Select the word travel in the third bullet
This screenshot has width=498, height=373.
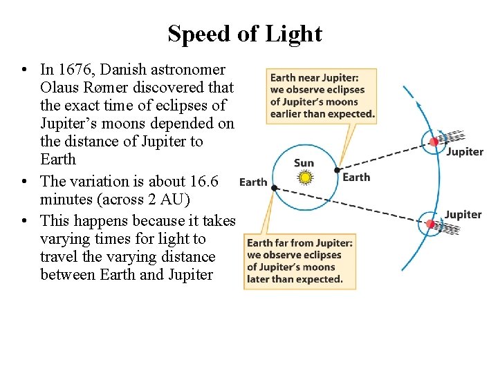coord(61,257)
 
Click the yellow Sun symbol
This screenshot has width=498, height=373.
coord(304,178)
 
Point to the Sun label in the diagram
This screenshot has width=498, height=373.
coord(304,163)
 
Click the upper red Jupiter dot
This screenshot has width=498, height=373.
coord(434,142)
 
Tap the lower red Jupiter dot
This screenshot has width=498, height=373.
coord(430,224)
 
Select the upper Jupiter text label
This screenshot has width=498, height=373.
coord(464,152)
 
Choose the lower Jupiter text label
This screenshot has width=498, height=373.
coord(463,215)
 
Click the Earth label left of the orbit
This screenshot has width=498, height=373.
coord(252,182)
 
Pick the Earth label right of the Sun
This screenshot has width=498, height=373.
coord(356,177)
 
